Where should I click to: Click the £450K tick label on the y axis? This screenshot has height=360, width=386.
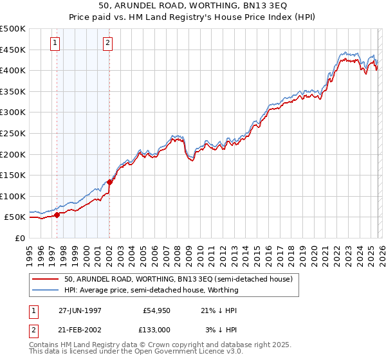13,50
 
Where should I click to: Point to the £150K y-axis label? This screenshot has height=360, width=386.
13,175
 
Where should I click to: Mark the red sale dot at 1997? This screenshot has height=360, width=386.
57,215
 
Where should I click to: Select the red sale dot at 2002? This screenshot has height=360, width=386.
110,182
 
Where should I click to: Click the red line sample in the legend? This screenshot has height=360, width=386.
46,279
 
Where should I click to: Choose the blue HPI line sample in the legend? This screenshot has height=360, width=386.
46,290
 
